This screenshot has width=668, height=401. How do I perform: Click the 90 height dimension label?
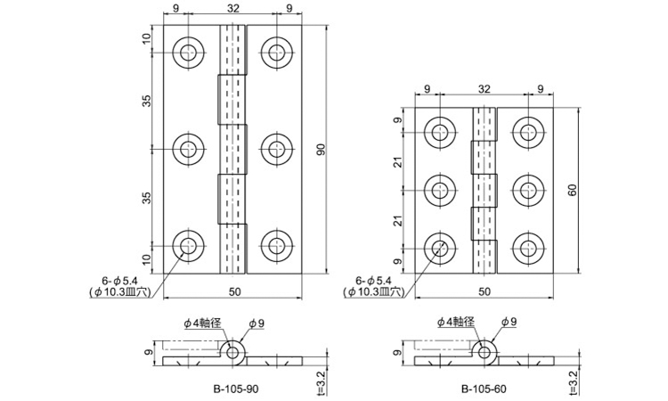coord(322,149)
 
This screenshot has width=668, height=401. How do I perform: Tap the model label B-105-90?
coord(235,389)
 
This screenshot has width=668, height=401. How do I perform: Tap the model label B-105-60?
coord(484,389)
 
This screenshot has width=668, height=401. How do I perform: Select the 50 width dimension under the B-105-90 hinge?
coord(235,291)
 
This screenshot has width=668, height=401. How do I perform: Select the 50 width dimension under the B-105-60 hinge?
coord(485,291)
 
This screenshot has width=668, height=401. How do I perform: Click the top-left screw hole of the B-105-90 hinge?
coord(188,53)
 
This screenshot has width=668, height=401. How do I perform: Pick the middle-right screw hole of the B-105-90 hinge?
coord(277,149)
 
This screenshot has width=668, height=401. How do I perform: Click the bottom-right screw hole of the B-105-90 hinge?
coord(277,246)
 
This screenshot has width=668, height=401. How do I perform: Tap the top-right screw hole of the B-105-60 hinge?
coord(528,132)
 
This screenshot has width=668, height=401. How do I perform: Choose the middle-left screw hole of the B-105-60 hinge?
coord(440,190)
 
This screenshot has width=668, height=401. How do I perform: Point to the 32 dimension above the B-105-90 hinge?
coord(233,8)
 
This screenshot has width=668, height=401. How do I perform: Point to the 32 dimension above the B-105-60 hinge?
coord(485,88)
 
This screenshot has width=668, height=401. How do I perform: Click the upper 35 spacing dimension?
coord(147,101)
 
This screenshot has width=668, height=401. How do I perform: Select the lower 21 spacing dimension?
coord(398,220)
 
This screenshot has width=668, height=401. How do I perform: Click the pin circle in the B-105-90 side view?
coord(232,353)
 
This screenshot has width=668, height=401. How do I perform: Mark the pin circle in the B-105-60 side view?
coord(484,353)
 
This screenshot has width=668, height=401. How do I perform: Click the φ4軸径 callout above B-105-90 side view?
coord(202,323)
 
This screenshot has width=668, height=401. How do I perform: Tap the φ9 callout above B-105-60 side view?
coord(509,323)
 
